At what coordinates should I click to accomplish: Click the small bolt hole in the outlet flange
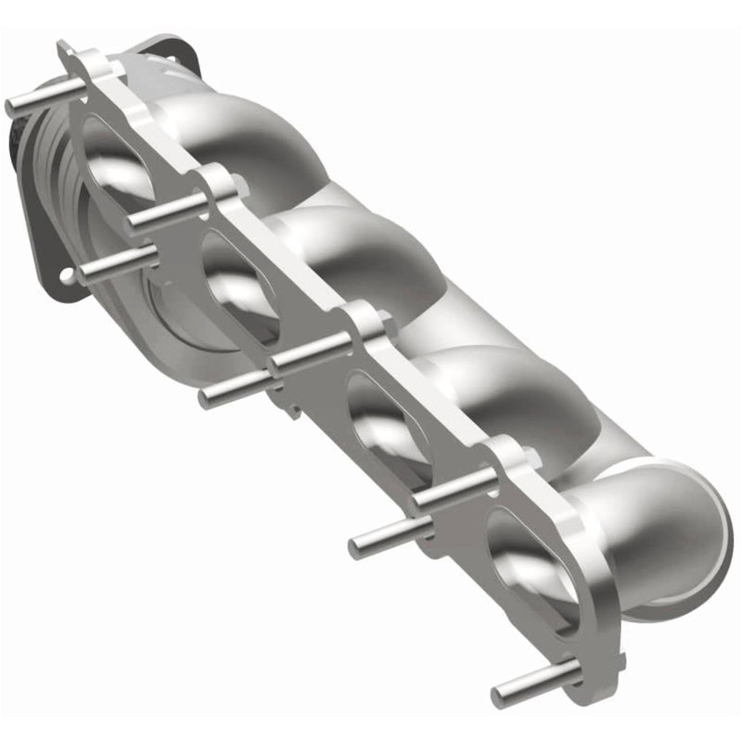pyautogui.click(x=70, y=275)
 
